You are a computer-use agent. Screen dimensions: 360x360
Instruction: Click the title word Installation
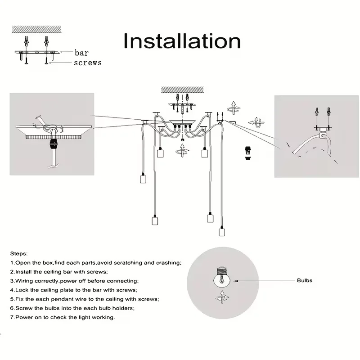(182, 41)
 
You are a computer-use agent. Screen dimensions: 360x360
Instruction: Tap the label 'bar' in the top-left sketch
(82, 53)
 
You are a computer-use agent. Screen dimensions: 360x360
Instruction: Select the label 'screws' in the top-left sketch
(88, 63)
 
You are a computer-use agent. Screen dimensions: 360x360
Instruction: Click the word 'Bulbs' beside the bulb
(305, 280)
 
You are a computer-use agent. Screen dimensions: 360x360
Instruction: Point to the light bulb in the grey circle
(221, 277)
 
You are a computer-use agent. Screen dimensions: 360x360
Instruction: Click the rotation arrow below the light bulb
(222, 297)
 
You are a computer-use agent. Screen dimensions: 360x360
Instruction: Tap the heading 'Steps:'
(19, 254)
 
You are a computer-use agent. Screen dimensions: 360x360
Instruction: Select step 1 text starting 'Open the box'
(96, 263)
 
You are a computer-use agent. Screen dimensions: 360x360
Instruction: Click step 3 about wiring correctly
(74, 281)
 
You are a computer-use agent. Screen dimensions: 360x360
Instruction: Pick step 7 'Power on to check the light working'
(63, 317)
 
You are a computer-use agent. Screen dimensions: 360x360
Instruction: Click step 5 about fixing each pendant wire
(85, 299)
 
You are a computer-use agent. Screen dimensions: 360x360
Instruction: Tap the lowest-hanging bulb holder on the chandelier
(221, 231)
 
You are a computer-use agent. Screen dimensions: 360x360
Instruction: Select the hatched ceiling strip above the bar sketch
(37, 29)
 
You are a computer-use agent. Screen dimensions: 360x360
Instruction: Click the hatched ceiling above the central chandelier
(182, 90)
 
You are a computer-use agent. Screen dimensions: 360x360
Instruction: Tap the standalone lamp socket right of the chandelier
(248, 153)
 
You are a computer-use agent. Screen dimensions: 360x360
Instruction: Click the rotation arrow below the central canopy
(182, 150)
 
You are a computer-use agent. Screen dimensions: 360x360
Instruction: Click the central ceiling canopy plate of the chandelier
(182, 122)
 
